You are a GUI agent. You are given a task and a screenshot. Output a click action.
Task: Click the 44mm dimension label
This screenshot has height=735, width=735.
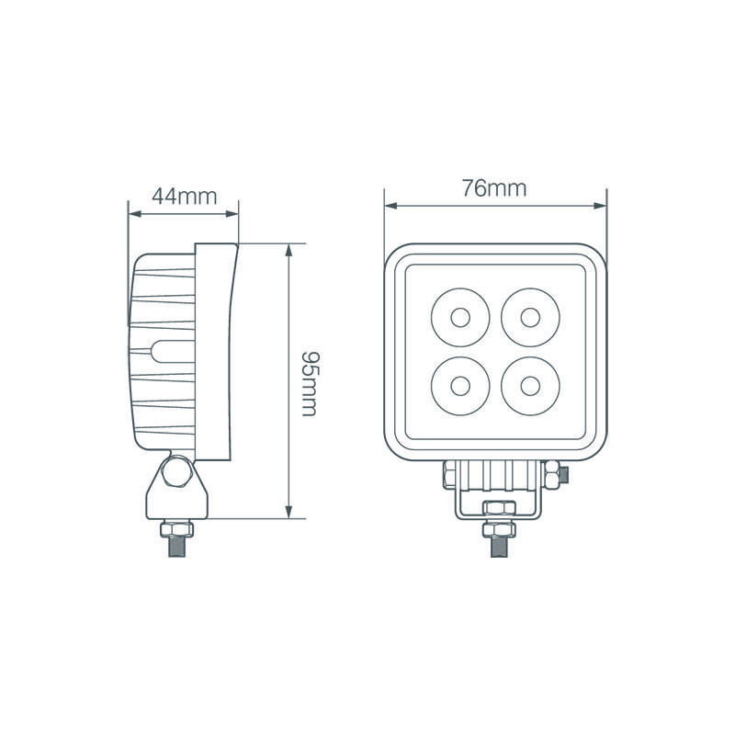(183, 196)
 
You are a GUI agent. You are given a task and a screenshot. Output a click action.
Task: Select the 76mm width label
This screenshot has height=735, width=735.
(495, 188)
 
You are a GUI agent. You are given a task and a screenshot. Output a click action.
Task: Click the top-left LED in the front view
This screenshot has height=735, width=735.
(458, 318)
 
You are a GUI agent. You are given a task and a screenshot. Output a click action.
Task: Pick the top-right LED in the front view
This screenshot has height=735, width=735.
(529, 318)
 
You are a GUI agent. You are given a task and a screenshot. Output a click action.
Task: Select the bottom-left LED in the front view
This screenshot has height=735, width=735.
(458, 382)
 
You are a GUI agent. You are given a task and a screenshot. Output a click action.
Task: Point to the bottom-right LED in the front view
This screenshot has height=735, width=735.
(529, 382)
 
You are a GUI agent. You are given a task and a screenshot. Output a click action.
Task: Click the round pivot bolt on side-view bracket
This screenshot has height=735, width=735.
(175, 476)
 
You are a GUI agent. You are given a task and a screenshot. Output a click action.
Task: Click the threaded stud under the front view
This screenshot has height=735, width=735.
(495, 544)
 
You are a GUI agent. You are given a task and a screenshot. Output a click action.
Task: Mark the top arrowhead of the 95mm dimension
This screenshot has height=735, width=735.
(288, 250)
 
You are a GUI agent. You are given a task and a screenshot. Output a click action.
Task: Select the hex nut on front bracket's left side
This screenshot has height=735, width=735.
(449, 474)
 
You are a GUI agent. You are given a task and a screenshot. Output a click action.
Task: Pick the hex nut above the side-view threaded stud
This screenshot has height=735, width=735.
(175, 528)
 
